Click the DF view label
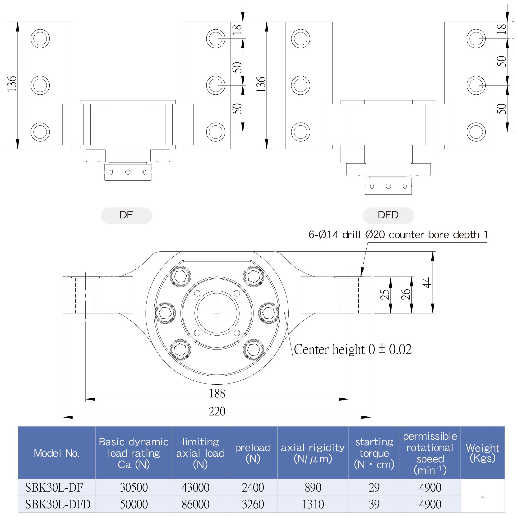coord(126,215)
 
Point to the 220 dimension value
coord(217,411)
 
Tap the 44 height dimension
coord(427,283)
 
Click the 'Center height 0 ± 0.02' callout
coord(352,350)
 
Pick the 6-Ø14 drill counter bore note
coord(398,235)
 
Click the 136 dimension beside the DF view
coord(12,84)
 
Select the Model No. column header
coord(57,453)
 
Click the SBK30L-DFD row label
coord(58,504)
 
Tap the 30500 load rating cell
coord(134,487)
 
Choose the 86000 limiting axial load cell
coord(196,504)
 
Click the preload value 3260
coord(253,504)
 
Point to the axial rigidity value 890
coord(313,487)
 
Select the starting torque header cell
coord(374,453)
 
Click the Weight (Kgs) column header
coord(482,453)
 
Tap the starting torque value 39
coord(374,504)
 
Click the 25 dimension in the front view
coord(385,294)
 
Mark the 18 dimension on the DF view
coord(237,29)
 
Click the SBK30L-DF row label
coord(54,487)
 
